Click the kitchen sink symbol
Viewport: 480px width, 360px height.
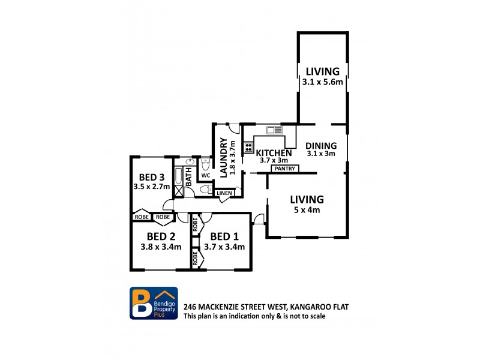point(274,130)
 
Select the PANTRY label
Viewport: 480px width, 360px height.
point(284,169)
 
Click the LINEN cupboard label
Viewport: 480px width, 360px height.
point(224,193)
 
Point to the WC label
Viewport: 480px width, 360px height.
point(205,176)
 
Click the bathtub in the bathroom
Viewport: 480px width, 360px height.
point(178,176)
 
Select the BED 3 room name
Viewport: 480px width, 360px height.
point(152,177)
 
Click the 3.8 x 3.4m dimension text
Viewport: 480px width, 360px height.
point(161,247)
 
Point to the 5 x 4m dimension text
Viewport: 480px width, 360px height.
point(307,211)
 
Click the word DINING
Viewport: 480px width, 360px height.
point(321,145)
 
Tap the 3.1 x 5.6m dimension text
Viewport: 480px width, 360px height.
point(323,82)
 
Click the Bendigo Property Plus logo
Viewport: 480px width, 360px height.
point(154,302)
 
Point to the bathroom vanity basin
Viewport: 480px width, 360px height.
point(190,161)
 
